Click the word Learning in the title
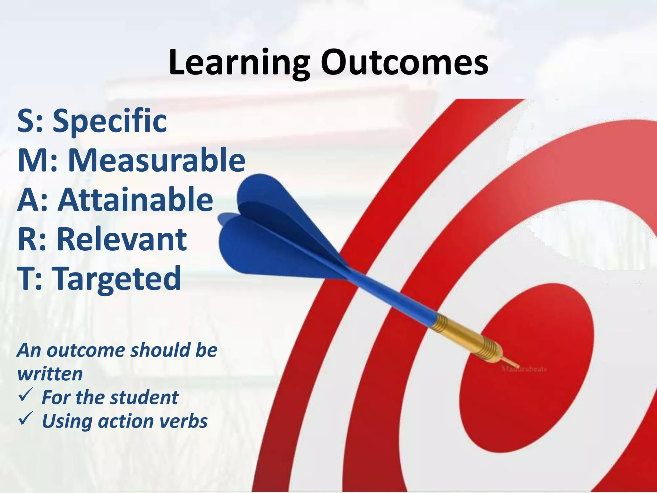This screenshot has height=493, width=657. click(x=239, y=63)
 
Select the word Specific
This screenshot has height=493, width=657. click(x=110, y=121)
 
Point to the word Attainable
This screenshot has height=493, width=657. click(x=135, y=199)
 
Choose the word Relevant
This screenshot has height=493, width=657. click(x=122, y=239)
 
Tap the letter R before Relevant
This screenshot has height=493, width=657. click(x=27, y=239)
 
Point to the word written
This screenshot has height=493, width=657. click(x=50, y=374)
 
